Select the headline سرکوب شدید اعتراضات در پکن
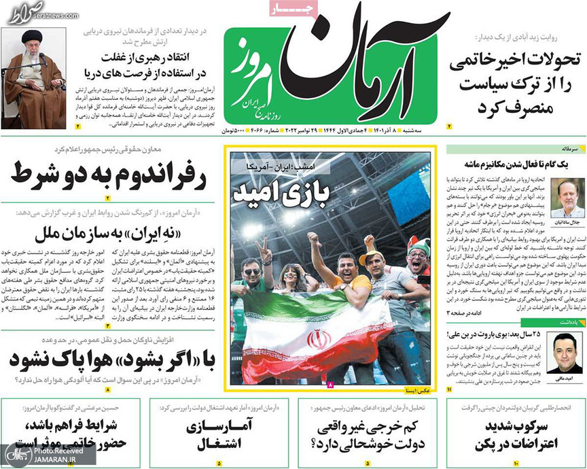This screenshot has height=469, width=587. click(515, 437)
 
